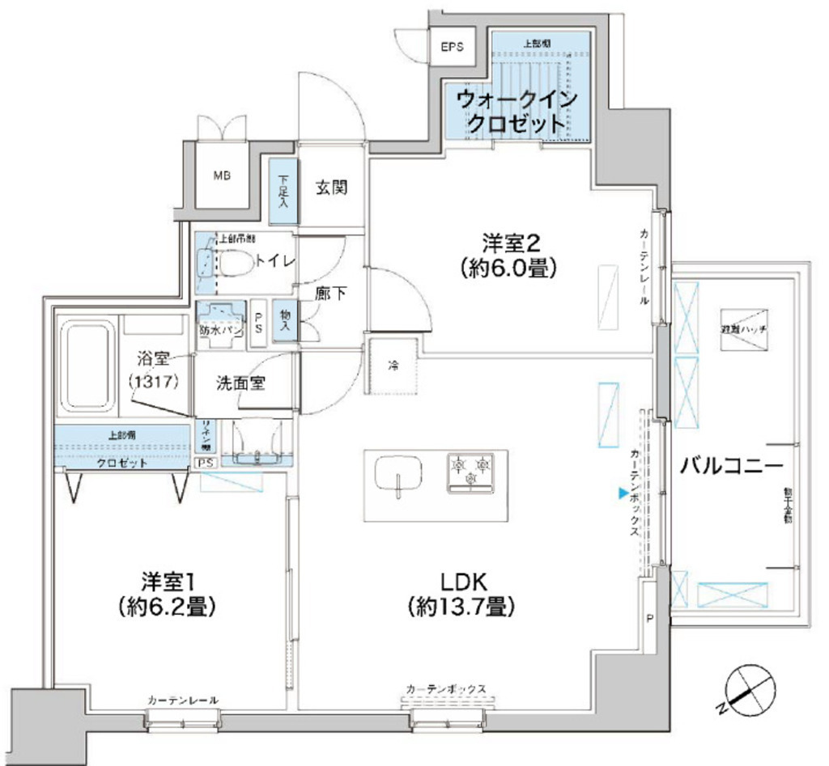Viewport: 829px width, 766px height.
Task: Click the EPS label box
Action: point(453,47)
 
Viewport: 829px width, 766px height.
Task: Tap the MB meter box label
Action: point(220,175)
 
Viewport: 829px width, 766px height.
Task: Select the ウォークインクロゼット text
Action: point(517,112)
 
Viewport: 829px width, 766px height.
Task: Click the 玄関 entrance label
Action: point(331,188)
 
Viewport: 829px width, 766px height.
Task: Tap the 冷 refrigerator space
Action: point(393,366)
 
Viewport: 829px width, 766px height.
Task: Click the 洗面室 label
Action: point(240,383)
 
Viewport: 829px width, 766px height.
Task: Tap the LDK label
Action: point(462,593)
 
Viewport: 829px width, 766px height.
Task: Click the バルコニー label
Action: point(731,466)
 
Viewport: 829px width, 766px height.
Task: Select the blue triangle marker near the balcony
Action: point(623,492)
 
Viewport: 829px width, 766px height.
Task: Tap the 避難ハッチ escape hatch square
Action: point(742,330)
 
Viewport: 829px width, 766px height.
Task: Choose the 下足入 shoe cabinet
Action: point(284,191)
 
